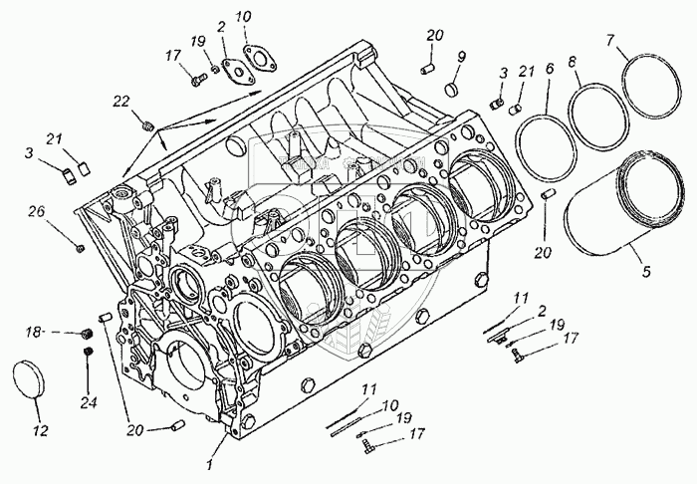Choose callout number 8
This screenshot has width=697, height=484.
(x=572, y=62)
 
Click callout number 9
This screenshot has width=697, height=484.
(x=461, y=57)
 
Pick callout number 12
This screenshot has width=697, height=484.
(x=40, y=432)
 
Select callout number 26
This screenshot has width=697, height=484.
(x=38, y=210)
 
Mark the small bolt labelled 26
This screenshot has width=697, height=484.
(x=79, y=242)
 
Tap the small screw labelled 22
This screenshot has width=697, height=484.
(x=149, y=126)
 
